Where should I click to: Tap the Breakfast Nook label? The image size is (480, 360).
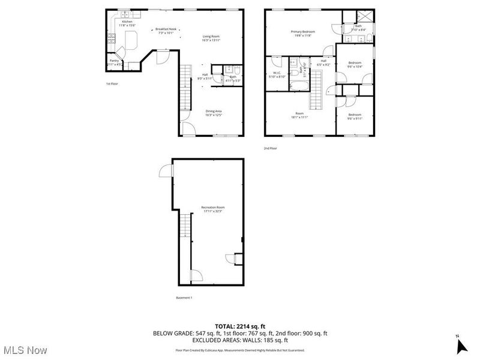coord(166,31)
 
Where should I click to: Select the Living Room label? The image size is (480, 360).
coord(211,38)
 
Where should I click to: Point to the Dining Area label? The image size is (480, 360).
coord(214,113)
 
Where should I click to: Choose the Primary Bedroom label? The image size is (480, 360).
coord(303,34)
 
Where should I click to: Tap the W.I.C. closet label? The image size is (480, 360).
coord(277,74)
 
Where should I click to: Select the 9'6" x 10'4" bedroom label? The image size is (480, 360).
coord(355,64)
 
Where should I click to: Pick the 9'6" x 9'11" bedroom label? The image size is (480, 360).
coord(355,116)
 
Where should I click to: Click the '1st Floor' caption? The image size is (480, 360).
coord(112,84)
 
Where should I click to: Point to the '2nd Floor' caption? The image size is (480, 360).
coord(271,148)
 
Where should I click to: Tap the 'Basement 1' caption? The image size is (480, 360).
coord(184,298)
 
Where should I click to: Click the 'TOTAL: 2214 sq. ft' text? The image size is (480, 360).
coord(240,326)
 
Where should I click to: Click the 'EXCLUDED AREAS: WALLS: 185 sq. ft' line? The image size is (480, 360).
coord(240,340)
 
